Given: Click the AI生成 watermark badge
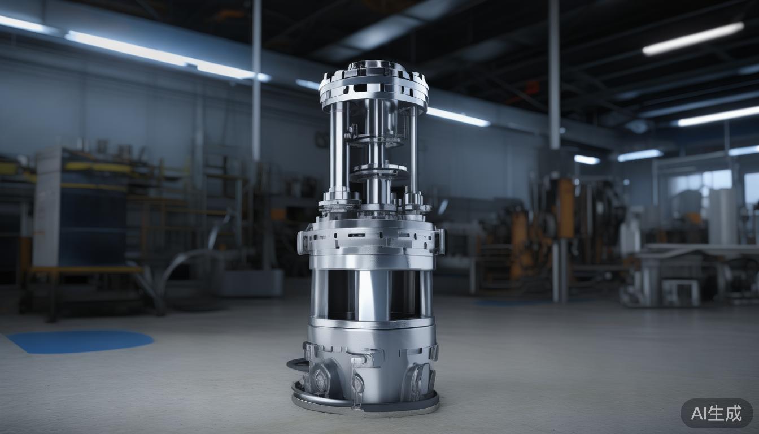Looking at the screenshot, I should pyautogui.click(x=716, y=413).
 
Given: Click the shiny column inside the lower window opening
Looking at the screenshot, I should pyautogui.click(x=373, y=294).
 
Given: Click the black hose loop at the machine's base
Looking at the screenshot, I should pyautogui.click(x=297, y=364).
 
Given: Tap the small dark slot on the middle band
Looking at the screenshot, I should pyautogui.click(x=357, y=235).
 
